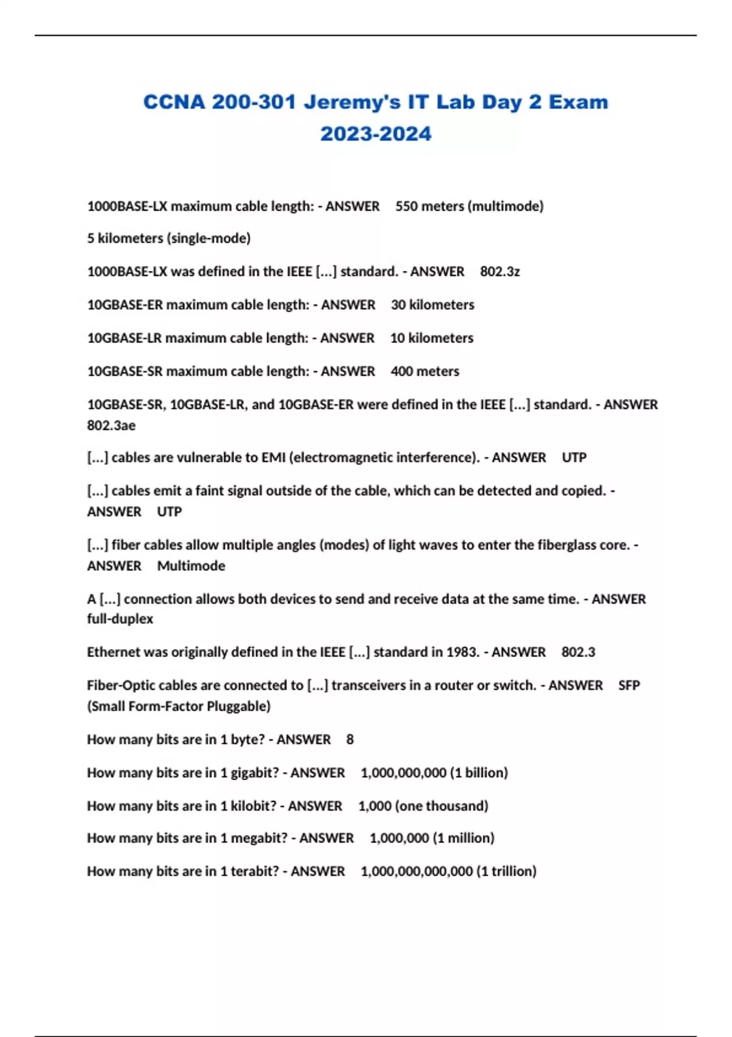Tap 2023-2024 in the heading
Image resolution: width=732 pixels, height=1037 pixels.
click(x=376, y=134)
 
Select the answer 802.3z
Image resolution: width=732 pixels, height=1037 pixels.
click(x=500, y=271)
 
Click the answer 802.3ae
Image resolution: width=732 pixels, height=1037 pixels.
click(x=111, y=425)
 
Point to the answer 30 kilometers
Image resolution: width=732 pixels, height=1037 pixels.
click(x=432, y=304)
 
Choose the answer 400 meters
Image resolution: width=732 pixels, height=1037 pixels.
click(x=425, y=371)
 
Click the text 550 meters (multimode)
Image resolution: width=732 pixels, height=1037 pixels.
click(x=469, y=206)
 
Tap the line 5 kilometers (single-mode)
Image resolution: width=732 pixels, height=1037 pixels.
click(x=169, y=238)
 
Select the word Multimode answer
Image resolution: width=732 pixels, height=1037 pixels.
click(x=191, y=565)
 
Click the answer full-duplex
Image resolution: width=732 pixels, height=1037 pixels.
click(x=120, y=619)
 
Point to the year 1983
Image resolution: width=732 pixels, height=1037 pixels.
click(x=462, y=652)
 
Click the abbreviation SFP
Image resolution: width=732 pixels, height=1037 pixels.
click(x=629, y=685)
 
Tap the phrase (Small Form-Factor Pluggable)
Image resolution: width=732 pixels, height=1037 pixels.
click(x=179, y=706)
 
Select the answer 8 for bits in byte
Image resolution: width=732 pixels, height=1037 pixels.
click(x=350, y=739)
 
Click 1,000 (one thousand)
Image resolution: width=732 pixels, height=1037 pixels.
click(x=423, y=806)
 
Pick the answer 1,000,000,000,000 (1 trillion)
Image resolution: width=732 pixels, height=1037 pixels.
click(x=448, y=871)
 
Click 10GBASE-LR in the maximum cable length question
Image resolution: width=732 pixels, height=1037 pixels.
click(x=124, y=338)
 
